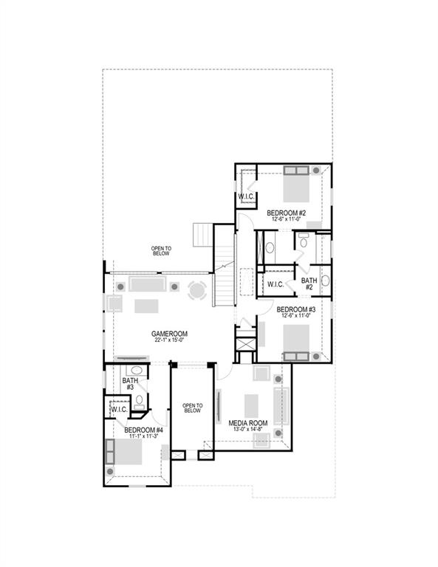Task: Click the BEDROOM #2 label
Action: [287, 213]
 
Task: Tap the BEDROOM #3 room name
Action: [297, 309]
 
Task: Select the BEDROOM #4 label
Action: [143, 430]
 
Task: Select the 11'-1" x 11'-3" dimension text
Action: [143, 438]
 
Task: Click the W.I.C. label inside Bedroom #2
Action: [246, 196]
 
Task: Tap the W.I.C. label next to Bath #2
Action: [276, 284]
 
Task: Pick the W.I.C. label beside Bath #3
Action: [119, 410]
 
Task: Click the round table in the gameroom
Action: [197, 290]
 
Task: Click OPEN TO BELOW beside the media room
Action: [192, 408]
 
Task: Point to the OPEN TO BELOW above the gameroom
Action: [161, 250]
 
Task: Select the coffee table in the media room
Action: [252, 404]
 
